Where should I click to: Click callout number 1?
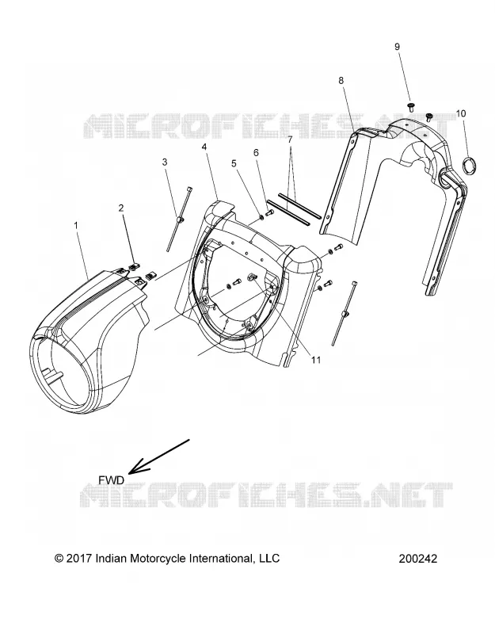coord(76,225)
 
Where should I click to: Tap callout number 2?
coord(121,208)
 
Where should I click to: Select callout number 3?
coord(165,162)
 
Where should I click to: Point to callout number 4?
coord(204,147)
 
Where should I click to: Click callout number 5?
coord(234,163)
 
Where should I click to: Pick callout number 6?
coord(256,153)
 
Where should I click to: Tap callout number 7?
coord(290,140)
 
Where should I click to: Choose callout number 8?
coord(341,81)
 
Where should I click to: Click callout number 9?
coord(397,47)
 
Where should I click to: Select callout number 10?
coord(461,113)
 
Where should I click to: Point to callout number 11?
coord(315,360)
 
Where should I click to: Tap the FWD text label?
coord(112,480)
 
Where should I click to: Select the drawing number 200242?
coord(418,559)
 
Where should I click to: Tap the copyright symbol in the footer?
coord(59,559)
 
